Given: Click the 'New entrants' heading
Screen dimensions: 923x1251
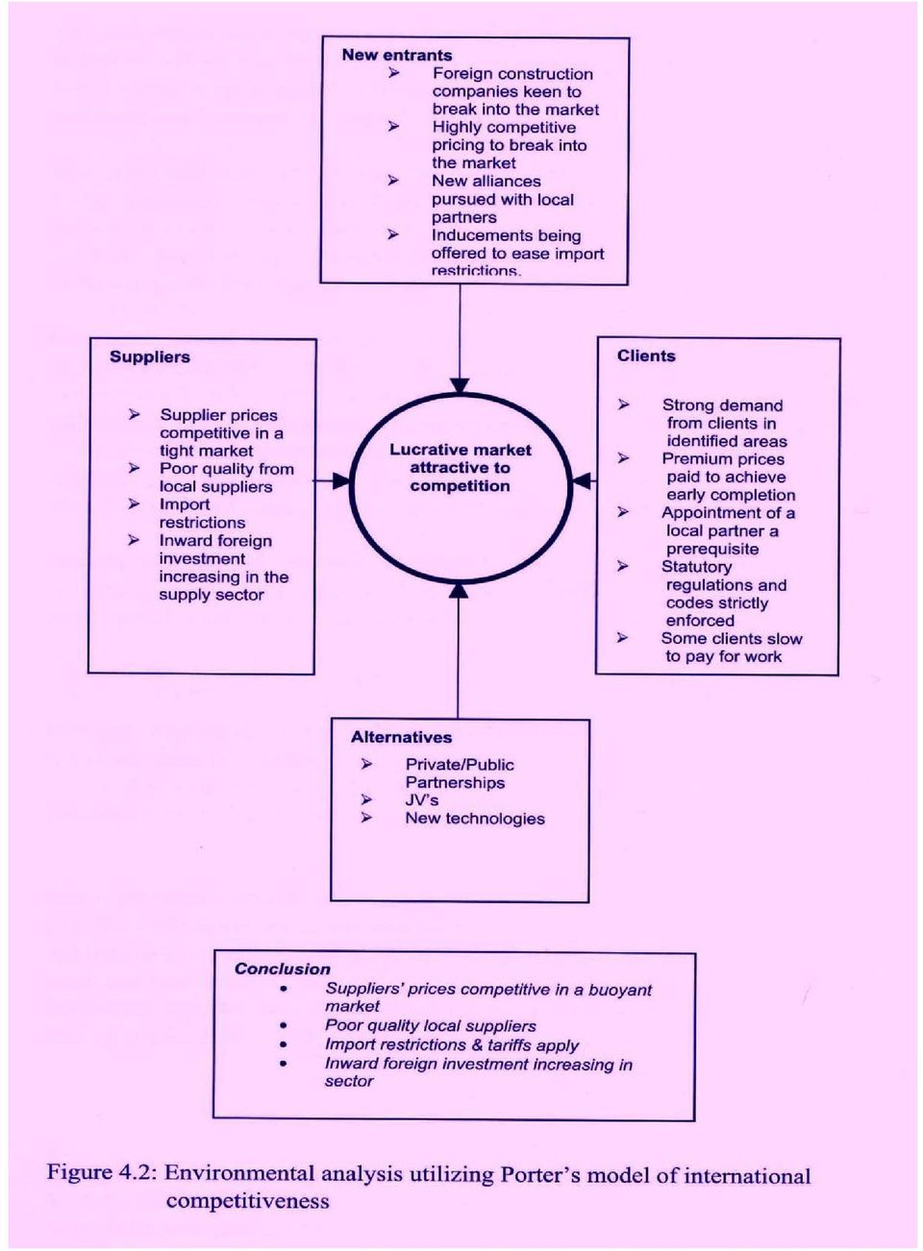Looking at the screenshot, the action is coord(397,56).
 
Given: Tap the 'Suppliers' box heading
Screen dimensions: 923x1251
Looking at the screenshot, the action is coord(150,357).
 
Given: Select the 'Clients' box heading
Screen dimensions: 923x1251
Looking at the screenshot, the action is coord(646,356).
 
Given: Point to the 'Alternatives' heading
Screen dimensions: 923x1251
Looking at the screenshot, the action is coord(401,737).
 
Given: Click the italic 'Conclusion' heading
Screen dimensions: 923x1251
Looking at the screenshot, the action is coord(282,969).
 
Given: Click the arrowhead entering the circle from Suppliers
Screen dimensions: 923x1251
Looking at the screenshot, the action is coord(340,480).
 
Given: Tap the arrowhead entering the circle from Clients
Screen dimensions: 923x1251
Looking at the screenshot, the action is coord(582,480).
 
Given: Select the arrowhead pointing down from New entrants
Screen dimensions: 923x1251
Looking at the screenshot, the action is coord(460,386).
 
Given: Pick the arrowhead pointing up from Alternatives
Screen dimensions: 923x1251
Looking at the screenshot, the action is coord(459,590).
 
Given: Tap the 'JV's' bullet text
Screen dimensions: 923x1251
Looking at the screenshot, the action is coord(422,800).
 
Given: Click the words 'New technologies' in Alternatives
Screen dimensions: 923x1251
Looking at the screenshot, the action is coord(475,819).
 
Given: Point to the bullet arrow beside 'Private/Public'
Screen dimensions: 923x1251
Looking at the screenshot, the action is coord(366,764).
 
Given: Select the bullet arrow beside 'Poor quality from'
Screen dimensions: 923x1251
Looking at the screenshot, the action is coord(134,468).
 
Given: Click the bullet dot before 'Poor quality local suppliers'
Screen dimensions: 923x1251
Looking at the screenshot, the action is coord(284,1026).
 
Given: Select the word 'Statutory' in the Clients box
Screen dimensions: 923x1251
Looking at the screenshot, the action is coord(697,568).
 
